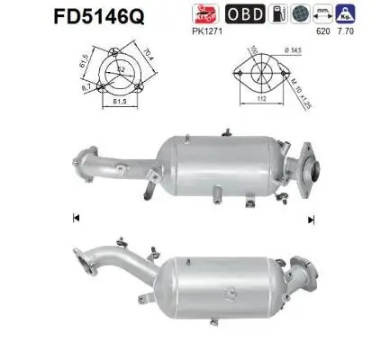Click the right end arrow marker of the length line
311,219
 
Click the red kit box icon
232,13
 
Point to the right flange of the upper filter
307,166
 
